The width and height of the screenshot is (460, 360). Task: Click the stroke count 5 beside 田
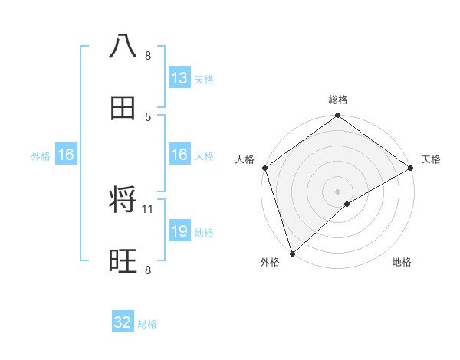click(148, 117)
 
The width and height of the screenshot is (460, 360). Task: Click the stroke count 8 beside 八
click(148, 56)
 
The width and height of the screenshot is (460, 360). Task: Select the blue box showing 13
click(179, 78)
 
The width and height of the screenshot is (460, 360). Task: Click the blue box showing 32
click(123, 322)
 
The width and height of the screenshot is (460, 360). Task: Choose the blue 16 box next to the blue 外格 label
click(65, 155)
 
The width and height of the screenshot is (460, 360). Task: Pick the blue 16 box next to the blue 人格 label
click(179, 155)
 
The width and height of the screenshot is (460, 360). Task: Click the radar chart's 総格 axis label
click(338, 100)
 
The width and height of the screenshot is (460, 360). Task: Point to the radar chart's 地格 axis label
click(402, 263)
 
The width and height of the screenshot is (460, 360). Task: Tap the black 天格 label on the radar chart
click(431, 159)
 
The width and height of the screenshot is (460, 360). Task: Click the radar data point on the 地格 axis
click(347, 204)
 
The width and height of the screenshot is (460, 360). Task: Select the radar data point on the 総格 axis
click(338, 116)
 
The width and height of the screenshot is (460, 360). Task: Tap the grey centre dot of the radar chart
click(338, 191)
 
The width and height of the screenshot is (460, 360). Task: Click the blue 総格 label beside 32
click(147, 324)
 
